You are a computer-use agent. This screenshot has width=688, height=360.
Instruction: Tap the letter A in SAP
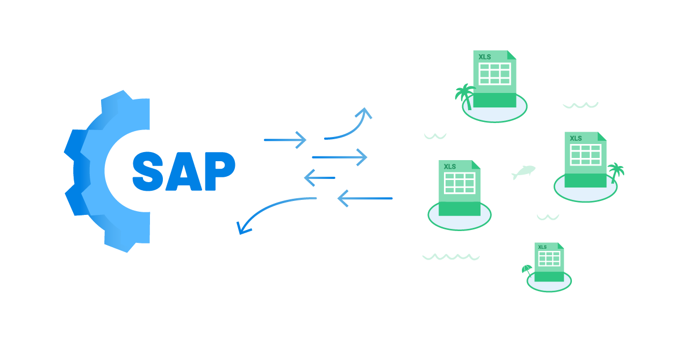click(x=184, y=171)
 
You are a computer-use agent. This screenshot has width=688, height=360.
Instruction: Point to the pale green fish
click(x=523, y=172)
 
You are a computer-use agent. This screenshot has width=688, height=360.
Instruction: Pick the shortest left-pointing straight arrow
click(x=320, y=177)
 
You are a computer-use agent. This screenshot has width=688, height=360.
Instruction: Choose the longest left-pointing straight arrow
click(x=365, y=198)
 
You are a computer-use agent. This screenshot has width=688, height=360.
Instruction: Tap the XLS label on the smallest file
click(x=542, y=247)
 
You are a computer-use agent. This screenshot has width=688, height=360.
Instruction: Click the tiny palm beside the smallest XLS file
click(x=527, y=270)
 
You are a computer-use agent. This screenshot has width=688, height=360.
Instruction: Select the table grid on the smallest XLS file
click(x=549, y=258)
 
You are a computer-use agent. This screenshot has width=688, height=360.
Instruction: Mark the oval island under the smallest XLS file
click(x=549, y=285)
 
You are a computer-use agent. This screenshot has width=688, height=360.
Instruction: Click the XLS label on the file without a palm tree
click(x=450, y=167)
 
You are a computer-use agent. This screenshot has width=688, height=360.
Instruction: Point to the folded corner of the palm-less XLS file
click(x=476, y=164)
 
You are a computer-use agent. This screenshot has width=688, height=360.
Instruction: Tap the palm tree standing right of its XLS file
click(x=615, y=173)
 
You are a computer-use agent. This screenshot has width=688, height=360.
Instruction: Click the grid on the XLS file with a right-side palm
click(x=585, y=154)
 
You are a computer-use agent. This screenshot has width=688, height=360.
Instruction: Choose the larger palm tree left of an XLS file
click(x=464, y=95)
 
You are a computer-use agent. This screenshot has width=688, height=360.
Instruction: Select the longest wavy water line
click(x=450, y=257)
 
